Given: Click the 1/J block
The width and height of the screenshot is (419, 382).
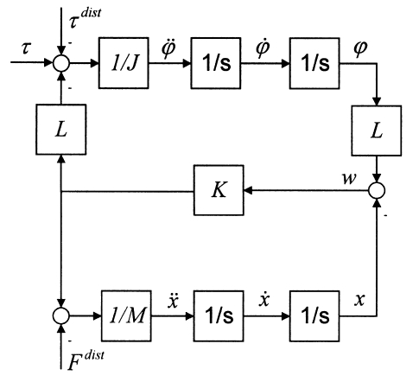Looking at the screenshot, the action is tap(124, 63).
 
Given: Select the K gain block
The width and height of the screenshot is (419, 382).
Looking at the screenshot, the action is tap(219, 190).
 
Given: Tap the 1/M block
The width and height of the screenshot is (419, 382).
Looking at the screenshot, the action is tap(126, 316).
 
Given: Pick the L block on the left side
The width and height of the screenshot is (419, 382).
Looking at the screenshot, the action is tap(61, 130).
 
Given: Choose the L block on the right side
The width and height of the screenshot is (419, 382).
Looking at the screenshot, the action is tap(377, 131).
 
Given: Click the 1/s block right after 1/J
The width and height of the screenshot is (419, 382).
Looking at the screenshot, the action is tap(216, 63).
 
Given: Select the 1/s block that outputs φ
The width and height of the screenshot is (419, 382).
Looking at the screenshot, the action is tap(314, 63).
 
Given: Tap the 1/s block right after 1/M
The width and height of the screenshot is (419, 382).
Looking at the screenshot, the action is tap(219, 316).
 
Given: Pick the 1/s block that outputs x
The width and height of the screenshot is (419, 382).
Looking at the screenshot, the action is tap(314, 316).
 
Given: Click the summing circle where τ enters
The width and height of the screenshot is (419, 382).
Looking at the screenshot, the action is tap(61, 63).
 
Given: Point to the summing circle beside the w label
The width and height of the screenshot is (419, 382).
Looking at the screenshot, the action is tap(377, 190).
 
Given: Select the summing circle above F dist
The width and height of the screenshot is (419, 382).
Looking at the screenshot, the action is tap(61, 316).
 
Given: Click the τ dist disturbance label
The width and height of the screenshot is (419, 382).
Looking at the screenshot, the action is tap(86, 18).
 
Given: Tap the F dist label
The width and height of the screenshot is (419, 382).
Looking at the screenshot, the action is tap(86, 360).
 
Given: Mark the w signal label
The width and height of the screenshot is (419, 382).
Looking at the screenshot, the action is tap(349, 178).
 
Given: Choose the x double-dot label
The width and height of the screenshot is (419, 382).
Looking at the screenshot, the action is tap(173, 301).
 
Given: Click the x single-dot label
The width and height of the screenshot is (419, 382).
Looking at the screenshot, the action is tap(263, 300).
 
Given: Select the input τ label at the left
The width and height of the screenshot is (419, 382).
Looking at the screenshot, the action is tap(25, 48).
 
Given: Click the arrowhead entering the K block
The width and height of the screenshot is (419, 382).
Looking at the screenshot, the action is tap(248, 190).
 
